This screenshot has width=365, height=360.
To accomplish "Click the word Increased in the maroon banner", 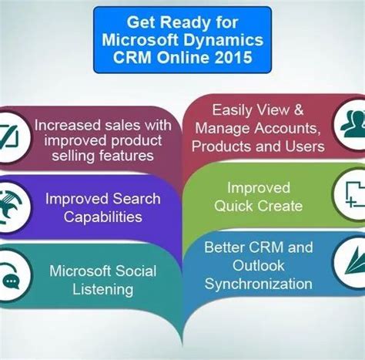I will (x=70, y=124).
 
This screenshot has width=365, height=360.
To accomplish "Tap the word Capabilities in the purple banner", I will (x=104, y=217).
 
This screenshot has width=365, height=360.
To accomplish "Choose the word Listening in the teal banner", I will (x=103, y=289).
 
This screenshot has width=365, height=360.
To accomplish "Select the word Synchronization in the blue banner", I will (x=258, y=283).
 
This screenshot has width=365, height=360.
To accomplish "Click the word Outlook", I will (x=258, y=265).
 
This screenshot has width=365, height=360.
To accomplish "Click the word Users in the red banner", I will (x=300, y=146).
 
